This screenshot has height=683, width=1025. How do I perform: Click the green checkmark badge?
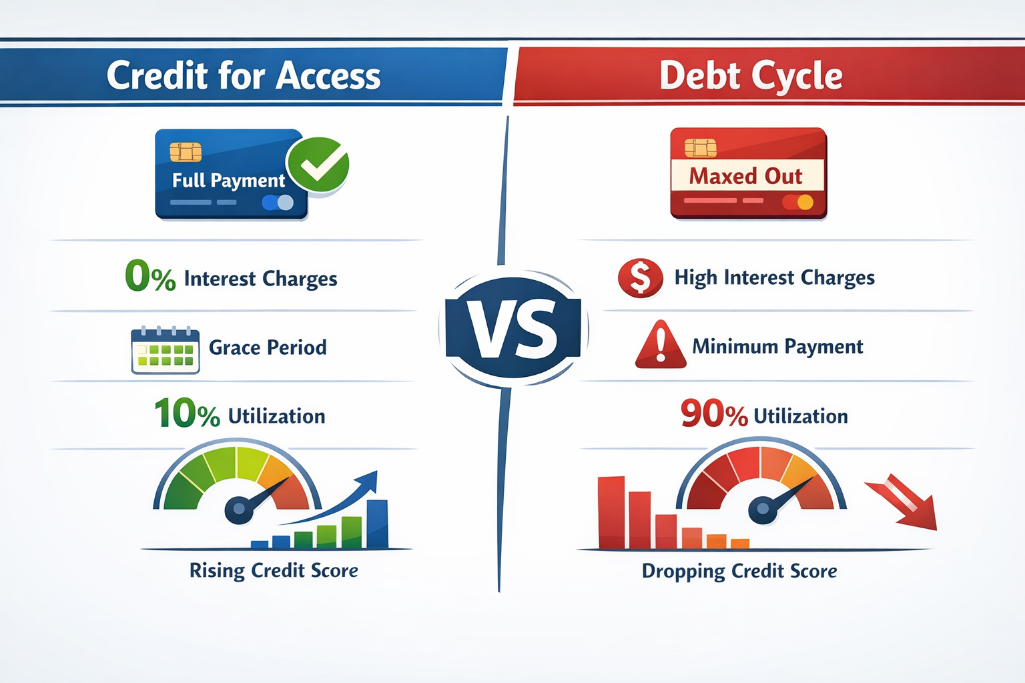[318, 165]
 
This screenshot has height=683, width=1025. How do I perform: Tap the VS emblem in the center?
[513, 328]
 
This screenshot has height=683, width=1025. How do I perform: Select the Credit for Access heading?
[244, 75]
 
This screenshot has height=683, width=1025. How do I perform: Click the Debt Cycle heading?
[751, 75]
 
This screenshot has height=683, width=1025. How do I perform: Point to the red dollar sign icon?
[641, 277]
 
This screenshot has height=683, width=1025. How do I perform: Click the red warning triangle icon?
[661, 346]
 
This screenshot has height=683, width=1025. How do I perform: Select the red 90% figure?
[713, 414]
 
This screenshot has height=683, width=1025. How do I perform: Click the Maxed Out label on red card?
[746, 176]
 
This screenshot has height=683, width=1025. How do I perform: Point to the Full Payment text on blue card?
[228, 180]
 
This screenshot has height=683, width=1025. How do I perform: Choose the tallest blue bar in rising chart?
[377, 524]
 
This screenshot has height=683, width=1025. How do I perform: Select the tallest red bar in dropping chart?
[611, 512]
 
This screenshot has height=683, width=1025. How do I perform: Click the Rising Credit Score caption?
[274, 571]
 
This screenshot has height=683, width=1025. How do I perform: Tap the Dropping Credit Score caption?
[739, 572]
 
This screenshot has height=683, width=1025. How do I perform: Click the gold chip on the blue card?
[186, 152]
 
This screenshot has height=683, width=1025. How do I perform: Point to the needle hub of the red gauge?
[762, 510]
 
